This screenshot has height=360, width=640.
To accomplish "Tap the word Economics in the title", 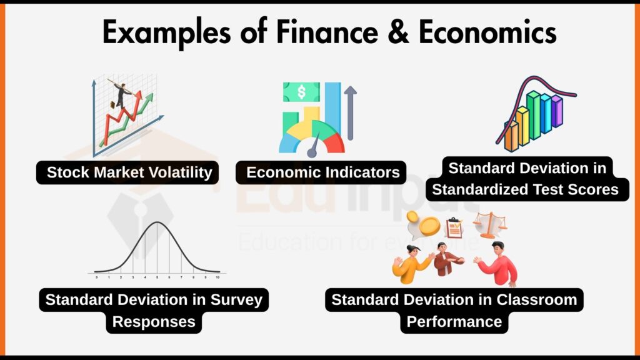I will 487,32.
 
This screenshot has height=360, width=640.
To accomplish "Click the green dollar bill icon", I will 301,92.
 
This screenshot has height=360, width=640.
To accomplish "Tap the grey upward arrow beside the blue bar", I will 350,112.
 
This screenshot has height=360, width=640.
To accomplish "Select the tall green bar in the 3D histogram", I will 533,115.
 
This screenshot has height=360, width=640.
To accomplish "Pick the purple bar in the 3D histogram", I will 556,111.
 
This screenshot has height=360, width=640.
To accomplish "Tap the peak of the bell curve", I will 157,223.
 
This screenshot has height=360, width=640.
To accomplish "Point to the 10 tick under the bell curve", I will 217,276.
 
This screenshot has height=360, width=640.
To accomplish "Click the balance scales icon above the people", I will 489,225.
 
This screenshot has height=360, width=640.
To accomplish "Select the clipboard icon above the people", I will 454,227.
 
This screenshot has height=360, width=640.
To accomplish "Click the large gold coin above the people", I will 430,226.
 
